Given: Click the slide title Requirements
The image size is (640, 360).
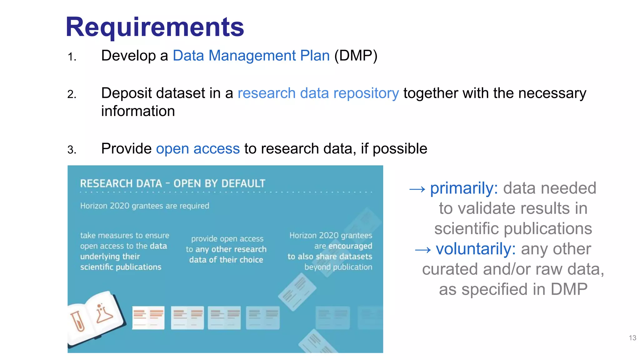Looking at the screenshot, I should (155, 27).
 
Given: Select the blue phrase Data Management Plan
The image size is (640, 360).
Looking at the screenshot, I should (251, 56).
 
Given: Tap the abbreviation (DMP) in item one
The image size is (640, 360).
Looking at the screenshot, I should (356, 56).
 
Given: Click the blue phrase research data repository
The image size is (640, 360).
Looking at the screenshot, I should (318, 93).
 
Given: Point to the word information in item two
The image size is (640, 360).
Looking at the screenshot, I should (138, 111).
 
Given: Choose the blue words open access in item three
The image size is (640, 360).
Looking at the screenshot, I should (198, 149).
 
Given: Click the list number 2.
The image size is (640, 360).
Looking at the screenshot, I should (72, 94).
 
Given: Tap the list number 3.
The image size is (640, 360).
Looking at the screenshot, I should (72, 150).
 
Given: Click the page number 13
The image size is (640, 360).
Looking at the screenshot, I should (632, 338).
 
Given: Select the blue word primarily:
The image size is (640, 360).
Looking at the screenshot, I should (464, 188).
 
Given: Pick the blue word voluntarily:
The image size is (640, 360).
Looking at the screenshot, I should (475, 249).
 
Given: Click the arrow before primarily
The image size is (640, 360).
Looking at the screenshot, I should (417, 189).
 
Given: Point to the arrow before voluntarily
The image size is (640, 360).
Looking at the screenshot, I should (423, 250).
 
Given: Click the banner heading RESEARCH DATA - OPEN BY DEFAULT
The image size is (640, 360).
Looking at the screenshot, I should (172, 183).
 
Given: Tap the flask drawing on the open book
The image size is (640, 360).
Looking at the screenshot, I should (103, 313).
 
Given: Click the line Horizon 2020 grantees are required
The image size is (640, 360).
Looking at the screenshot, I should (145, 206).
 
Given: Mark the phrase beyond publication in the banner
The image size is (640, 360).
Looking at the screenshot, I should (338, 267).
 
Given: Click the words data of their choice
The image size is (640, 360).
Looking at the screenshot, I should (226, 260).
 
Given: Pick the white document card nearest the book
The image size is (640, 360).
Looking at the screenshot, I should (148, 317).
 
